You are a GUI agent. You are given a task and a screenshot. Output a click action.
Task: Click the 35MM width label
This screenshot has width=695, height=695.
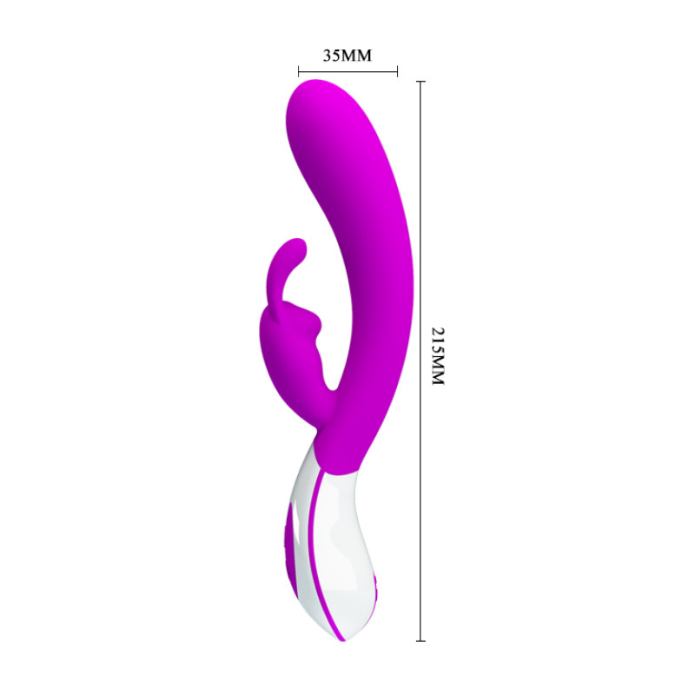pos(347,56)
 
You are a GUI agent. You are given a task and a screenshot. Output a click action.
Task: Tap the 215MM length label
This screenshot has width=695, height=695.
pos(437,357)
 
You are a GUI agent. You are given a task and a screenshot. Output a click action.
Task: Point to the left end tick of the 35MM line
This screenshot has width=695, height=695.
pos(298,72)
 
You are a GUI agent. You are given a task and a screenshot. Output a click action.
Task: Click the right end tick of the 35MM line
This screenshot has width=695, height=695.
pos(397,72)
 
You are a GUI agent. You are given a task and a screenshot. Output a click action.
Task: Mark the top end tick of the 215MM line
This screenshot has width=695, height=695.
pos(421,82)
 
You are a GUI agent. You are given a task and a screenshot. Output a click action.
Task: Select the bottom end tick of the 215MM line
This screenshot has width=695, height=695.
pos(421,640)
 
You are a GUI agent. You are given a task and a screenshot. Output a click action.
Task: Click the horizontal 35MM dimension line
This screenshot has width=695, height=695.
pos(347,72)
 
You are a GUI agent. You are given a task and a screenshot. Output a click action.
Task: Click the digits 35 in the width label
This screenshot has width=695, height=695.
pos(332,56)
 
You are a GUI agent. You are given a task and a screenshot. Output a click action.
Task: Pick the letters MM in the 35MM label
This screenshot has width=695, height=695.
pos(356,56)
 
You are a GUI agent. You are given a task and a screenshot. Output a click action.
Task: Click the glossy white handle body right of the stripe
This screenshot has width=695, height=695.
pos(343,539)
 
